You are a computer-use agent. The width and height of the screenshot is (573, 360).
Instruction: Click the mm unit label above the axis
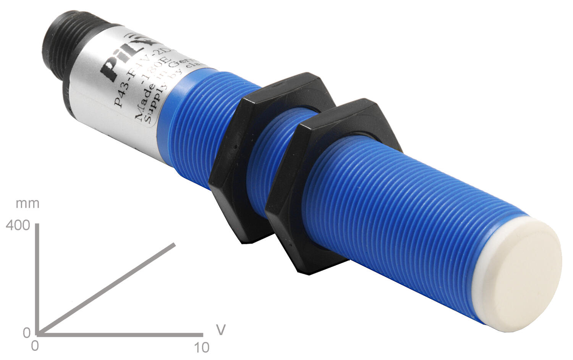pos(28,203)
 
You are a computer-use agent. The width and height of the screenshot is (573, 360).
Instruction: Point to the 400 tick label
pos(18,225)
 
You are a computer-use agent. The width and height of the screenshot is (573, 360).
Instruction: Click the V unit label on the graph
pos(220,329)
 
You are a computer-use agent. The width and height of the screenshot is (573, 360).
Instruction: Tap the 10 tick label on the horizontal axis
pos(202,347)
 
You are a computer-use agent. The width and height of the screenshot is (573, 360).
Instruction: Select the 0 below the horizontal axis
pos(35,346)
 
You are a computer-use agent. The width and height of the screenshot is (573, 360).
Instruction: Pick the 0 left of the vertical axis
pos(26,333)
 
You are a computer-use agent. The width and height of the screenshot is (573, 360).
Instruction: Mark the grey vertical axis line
pos(37,279)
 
